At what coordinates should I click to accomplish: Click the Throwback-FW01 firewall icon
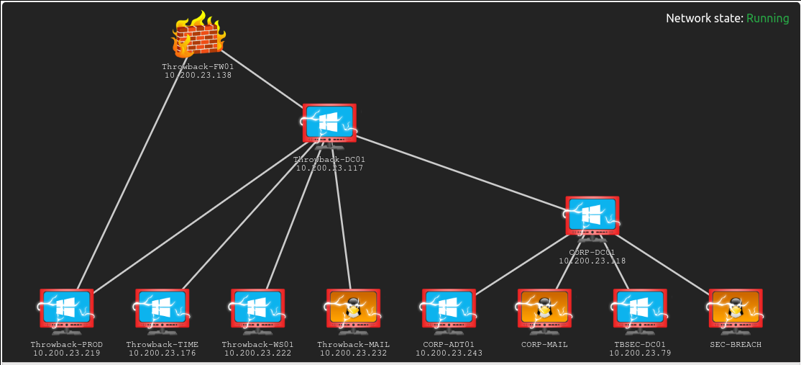pyautogui.click(x=198, y=36)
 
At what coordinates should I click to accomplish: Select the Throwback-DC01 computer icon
pyautogui.click(x=329, y=124)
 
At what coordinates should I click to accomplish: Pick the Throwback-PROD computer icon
pyautogui.click(x=66, y=309)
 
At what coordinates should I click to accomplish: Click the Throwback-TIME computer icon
pyautogui.click(x=162, y=309)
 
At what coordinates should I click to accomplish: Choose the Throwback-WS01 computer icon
pyautogui.click(x=257, y=309)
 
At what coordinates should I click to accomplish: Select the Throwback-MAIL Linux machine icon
pyautogui.click(x=353, y=309)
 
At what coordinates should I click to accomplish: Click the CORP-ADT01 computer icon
pyautogui.click(x=449, y=309)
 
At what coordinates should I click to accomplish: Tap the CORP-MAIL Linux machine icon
pyautogui.click(x=544, y=309)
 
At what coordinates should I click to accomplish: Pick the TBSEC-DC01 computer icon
pyautogui.click(x=640, y=309)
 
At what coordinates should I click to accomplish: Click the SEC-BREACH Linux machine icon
pyautogui.click(x=736, y=309)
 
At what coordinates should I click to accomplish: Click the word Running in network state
pyautogui.click(x=767, y=19)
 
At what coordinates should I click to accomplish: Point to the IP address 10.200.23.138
pyautogui.click(x=198, y=75)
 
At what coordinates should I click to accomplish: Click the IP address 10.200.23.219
pyautogui.click(x=66, y=353)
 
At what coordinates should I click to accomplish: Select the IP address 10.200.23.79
pyautogui.click(x=639, y=353)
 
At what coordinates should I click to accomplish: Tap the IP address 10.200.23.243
pyautogui.click(x=449, y=353)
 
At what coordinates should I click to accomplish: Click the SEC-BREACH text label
pyautogui.click(x=736, y=345)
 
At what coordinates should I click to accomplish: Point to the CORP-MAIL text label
pyautogui.click(x=544, y=345)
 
